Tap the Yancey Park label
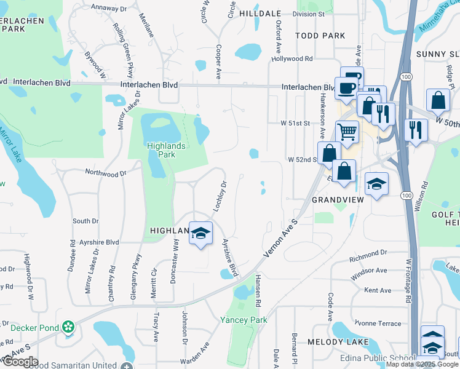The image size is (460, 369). [244, 320]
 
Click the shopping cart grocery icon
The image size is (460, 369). [347, 131]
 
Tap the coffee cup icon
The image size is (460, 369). [346, 87]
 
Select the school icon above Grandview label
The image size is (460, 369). [376, 183]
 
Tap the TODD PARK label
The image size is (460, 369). [320, 36]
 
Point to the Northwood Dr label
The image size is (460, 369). [105, 173]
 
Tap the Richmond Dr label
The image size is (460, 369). [368, 252]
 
